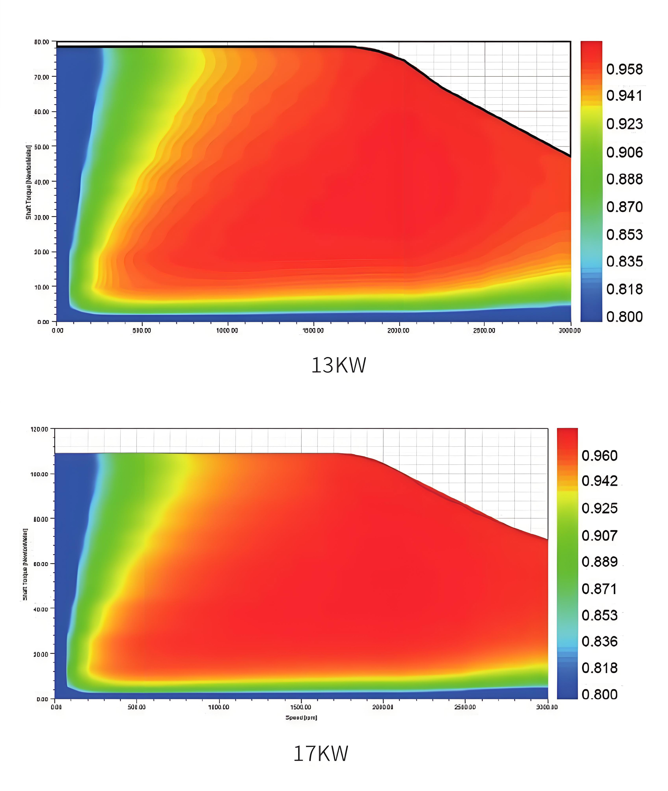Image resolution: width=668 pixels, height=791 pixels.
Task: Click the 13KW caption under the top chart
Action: click(x=338, y=365)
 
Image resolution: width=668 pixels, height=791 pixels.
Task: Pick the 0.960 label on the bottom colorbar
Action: click(x=599, y=456)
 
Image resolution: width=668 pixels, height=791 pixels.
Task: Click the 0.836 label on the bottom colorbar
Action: click(x=599, y=641)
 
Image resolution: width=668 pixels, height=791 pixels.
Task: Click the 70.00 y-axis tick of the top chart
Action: click(x=42, y=77)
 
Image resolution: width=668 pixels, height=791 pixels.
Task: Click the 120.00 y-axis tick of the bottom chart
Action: click(x=39, y=429)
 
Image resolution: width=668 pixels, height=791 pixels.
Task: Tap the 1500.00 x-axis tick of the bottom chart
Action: click(x=301, y=707)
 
